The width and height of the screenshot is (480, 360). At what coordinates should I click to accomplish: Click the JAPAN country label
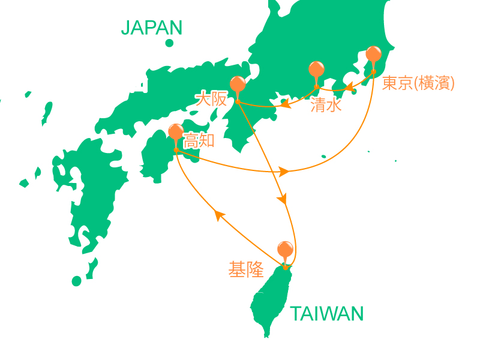coord(151,28)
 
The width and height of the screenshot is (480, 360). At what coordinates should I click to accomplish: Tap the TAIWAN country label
coord(326,313)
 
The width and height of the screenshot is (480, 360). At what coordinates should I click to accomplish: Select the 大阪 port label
coord(211,99)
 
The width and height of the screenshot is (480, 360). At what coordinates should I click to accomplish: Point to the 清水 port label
coord(326,106)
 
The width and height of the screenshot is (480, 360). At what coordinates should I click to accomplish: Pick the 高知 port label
coord(199,142)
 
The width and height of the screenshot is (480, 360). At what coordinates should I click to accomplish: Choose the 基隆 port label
coord(246,270)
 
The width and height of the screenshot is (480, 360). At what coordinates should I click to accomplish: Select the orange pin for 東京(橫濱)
coord(373,55)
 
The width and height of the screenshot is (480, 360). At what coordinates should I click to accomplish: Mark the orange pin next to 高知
coord(176,133)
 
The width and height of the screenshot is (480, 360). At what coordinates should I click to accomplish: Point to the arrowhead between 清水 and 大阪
coord(286,106)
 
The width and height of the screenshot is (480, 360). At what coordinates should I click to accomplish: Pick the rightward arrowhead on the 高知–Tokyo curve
coord(284,172)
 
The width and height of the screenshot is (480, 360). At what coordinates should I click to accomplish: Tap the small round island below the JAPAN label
coord(170,43)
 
